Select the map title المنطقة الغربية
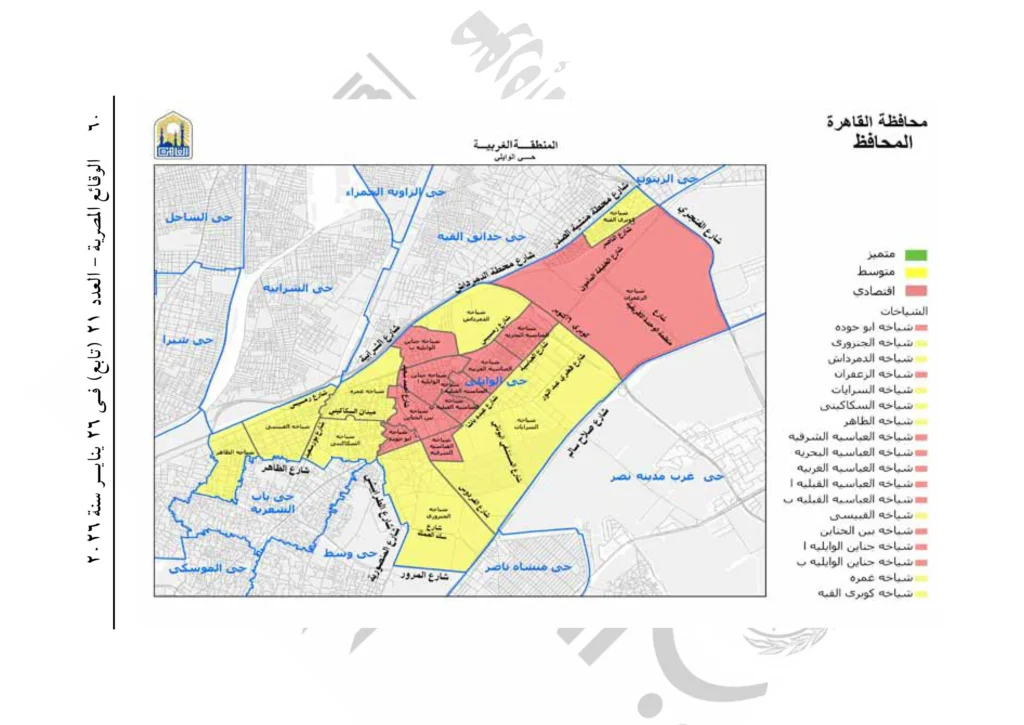pos(516,146)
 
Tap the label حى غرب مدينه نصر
pos(660,478)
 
